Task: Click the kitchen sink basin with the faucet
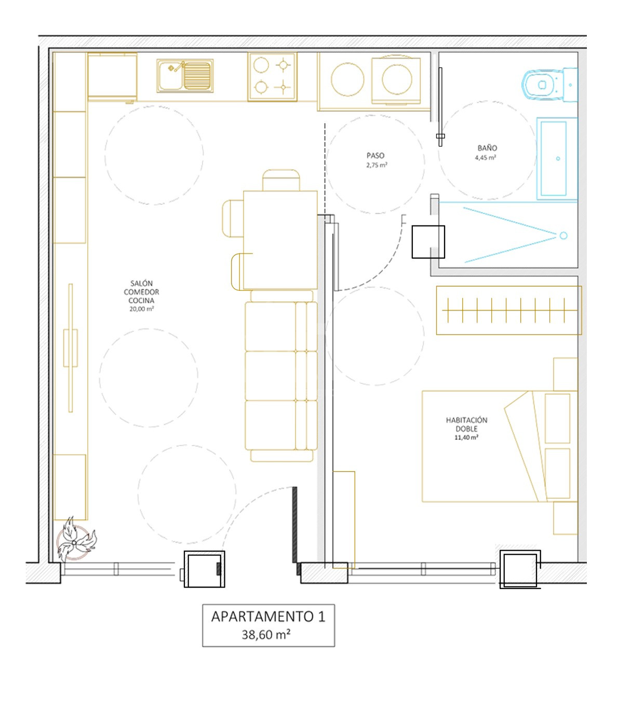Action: pyautogui.click(x=185, y=76)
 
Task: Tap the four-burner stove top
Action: pyautogui.click(x=272, y=77)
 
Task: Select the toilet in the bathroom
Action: pyautogui.click(x=549, y=85)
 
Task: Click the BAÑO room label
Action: pyautogui.click(x=487, y=148)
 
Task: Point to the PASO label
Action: pyautogui.click(x=375, y=155)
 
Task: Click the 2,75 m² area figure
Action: pyautogui.click(x=377, y=165)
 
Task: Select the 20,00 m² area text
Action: pyautogui.click(x=141, y=309)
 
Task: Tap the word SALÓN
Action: pyautogui.click(x=141, y=283)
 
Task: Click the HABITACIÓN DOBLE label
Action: pyautogui.click(x=466, y=424)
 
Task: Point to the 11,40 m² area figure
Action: pyautogui.click(x=466, y=437)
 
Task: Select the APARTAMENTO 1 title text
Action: pyautogui.click(x=268, y=617)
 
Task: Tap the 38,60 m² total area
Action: pyautogui.click(x=266, y=635)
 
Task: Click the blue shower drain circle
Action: pyautogui.click(x=563, y=235)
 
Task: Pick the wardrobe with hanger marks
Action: pyautogui.click(x=509, y=310)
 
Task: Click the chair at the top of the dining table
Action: pyautogui.click(x=281, y=180)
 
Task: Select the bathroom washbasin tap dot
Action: pyautogui.click(x=558, y=158)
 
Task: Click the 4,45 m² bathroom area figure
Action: pyautogui.click(x=485, y=157)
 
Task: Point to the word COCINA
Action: pyautogui.click(x=141, y=300)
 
